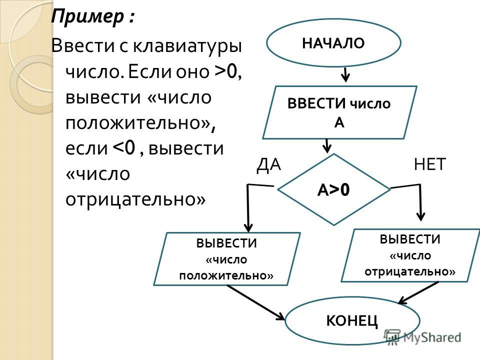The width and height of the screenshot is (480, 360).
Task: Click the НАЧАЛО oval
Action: point(333,43)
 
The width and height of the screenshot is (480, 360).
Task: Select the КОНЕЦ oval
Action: point(352,321)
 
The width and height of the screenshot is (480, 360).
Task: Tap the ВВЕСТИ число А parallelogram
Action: point(340,112)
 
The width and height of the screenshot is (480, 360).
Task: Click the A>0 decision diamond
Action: point(333,189)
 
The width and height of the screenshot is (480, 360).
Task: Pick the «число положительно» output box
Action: point(227,259)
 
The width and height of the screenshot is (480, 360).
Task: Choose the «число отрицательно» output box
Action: point(410,255)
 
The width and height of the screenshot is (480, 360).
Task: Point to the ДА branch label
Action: point(268,164)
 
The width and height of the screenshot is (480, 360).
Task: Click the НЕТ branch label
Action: point(429,164)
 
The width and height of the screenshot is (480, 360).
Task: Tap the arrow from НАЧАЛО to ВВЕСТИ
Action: point(345,74)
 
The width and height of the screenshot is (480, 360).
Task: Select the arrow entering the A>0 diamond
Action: point(327,146)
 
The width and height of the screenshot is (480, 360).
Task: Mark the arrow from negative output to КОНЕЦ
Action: point(418,292)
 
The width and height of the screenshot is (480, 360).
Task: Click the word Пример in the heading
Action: point(87,16)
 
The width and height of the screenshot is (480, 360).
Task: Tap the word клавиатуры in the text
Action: point(187,46)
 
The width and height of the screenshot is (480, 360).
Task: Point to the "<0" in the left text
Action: point(124,147)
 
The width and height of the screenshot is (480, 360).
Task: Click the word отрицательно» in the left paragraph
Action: point(135,199)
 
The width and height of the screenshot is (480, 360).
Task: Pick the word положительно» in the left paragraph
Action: point(140,123)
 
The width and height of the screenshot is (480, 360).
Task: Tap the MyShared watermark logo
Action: point(423,337)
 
